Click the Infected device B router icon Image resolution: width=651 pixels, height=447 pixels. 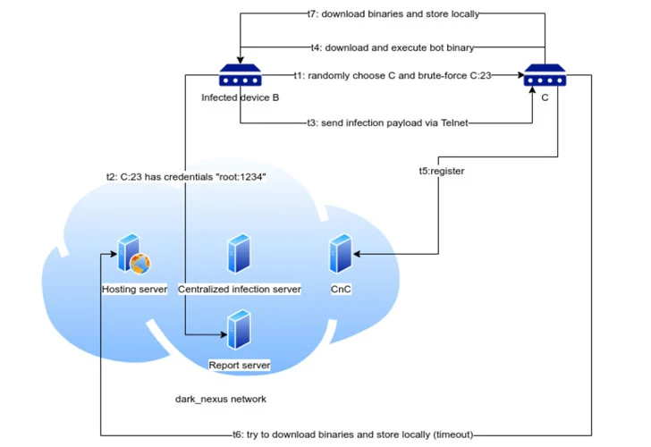(x=240, y=77)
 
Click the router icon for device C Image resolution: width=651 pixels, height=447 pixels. (x=545, y=77)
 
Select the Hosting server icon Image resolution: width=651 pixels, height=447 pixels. (x=131, y=255)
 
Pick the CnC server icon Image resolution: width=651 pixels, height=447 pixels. (x=340, y=255)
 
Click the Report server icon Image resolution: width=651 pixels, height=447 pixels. (x=238, y=332)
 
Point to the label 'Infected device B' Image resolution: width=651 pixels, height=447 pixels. (x=240, y=98)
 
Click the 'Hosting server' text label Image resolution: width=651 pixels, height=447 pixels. (x=134, y=290)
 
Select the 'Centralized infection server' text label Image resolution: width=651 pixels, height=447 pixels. (x=239, y=290)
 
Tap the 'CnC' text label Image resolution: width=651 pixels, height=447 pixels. (x=341, y=290)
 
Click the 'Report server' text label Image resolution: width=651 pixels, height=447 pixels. (x=239, y=366)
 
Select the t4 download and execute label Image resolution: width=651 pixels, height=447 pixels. (x=391, y=46)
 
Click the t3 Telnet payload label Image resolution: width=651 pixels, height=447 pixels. (x=388, y=122)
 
